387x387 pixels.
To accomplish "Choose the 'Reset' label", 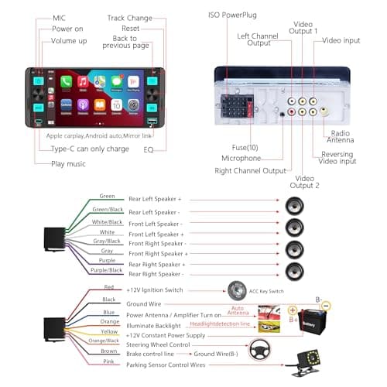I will pyautogui.click(x=130, y=28).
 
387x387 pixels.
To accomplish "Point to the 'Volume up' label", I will pyautogui.click(x=68, y=40).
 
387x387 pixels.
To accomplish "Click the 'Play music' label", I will pyautogui.click(x=68, y=164).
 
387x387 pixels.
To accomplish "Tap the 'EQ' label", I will pyautogui.click(x=149, y=149).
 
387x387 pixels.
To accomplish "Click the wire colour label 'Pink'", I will pyautogui.click(x=108, y=361).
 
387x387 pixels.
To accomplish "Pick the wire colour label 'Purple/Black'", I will pyautogui.click(x=107, y=270).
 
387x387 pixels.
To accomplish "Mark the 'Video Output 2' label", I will pyautogui.click(x=304, y=181).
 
